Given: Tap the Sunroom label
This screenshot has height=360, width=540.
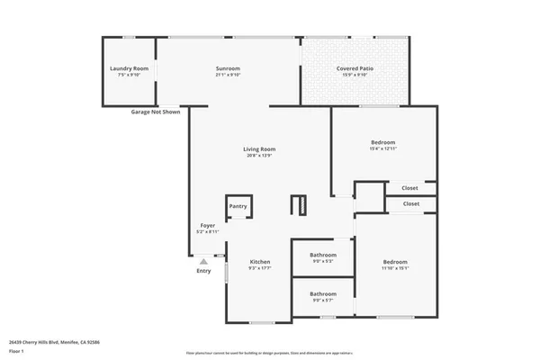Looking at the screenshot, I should (x=228, y=69).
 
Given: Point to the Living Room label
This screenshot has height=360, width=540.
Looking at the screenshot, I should (x=259, y=149).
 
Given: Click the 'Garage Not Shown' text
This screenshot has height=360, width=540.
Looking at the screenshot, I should (x=156, y=112).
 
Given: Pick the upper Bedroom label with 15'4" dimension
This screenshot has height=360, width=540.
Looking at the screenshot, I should (x=382, y=142).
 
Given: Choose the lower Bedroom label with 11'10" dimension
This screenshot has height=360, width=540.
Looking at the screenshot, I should (x=395, y=262).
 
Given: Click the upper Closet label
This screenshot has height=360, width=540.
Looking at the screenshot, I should (x=410, y=188).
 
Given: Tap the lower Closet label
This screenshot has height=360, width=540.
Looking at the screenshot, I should (x=410, y=203).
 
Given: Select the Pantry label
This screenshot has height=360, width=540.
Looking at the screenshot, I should (x=238, y=206).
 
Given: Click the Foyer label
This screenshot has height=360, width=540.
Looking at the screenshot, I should (x=207, y=226).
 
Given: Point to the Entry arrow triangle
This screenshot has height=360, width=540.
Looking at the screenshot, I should (x=203, y=261).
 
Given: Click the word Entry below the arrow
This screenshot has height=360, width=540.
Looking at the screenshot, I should (x=203, y=271).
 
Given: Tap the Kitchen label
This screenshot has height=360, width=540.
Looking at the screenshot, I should (x=259, y=262).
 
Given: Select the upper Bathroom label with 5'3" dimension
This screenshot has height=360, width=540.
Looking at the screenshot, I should (x=323, y=255).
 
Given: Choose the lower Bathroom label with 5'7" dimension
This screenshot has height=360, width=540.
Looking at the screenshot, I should (x=323, y=293).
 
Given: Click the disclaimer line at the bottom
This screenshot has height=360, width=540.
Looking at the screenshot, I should (x=269, y=353).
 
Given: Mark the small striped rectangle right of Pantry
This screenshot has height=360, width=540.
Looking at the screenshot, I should (x=300, y=205).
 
